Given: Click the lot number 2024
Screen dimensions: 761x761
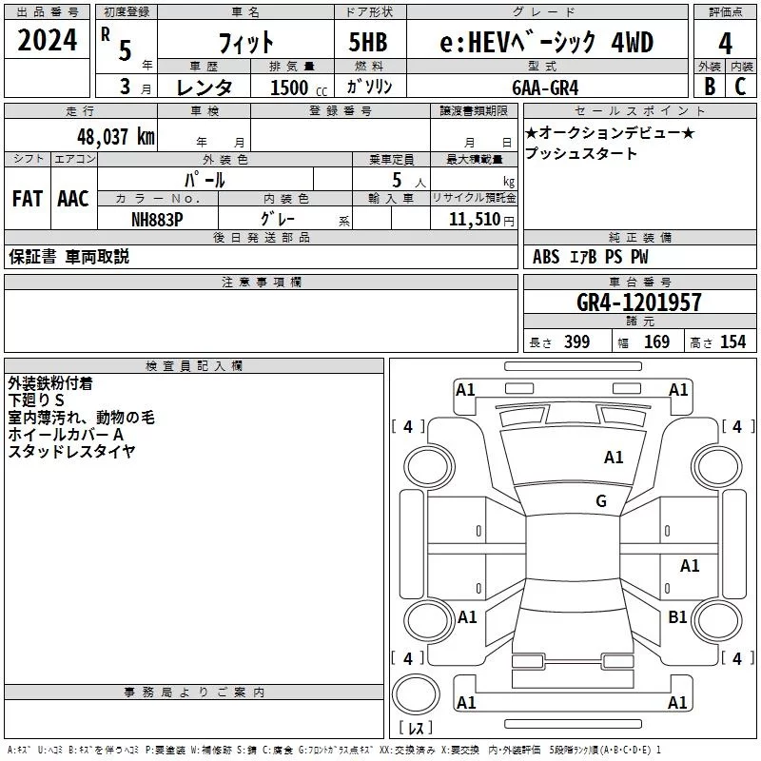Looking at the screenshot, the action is [x=47, y=40].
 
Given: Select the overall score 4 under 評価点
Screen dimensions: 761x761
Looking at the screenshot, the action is [x=725, y=43].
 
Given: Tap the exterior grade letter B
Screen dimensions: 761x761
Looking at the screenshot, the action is [x=710, y=87].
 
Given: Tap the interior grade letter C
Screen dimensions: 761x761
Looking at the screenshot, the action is [x=740, y=87].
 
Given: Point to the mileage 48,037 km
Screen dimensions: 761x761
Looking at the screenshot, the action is [x=116, y=136].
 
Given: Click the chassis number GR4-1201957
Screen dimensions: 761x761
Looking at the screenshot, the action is [x=638, y=302].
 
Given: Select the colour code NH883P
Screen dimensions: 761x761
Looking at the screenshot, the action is [x=157, y=220].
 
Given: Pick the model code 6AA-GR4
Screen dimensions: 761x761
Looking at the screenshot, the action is [x=545, y=88].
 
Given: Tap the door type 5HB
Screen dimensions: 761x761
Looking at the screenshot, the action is [x=368, y=42].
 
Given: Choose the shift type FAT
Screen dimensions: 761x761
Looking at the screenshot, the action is [x=28, y=198].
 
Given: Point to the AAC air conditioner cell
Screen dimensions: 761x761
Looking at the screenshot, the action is [x=73, y=198].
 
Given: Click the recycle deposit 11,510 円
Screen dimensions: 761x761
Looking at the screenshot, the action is [x=481, y=220].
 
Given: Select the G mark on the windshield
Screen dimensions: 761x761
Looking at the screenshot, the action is [x=601, y=500].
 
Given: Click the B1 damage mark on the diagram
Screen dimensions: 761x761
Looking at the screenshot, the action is [x=677, y=616].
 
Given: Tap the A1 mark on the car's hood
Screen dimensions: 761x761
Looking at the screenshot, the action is [x=614, y=457].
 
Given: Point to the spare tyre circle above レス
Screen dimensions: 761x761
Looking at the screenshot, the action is [x=416, y=693].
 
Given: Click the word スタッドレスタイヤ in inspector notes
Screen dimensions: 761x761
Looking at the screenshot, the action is [x=71, y=451].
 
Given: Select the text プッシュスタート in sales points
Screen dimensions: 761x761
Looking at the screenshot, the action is [x=580, y=153].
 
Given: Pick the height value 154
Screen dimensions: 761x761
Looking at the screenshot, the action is [x=732, y=341].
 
